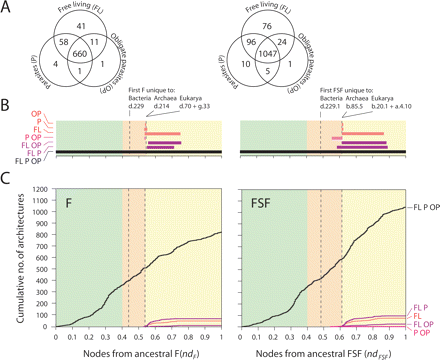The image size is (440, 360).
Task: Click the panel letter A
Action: (8, 9)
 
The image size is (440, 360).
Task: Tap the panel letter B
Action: (8, 105)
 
